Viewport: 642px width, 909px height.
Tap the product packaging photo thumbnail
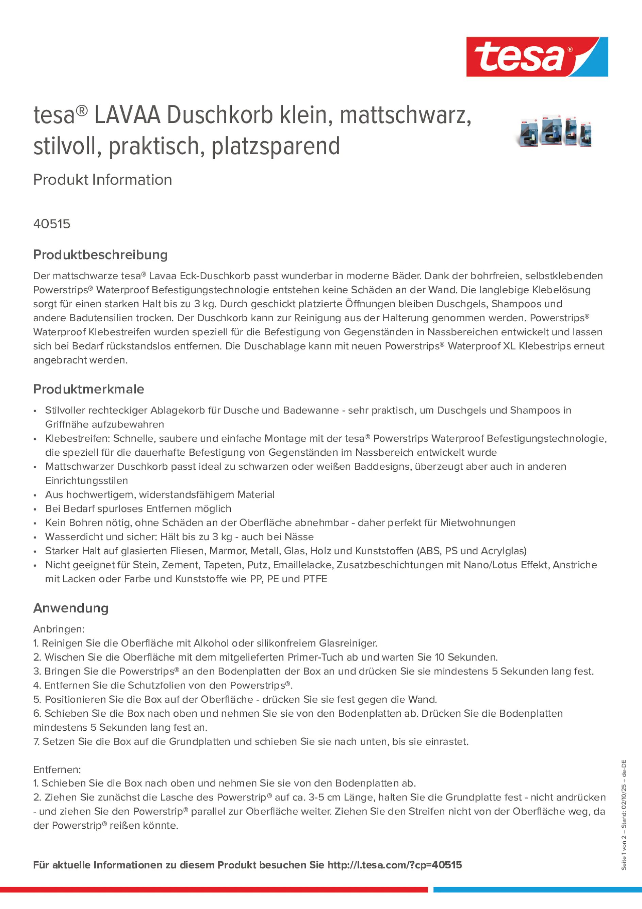554,131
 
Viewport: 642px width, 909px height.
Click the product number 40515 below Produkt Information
52,224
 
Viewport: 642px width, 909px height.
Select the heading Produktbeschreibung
100,255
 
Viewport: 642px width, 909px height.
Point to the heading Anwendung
70,608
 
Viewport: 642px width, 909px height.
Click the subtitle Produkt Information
102,179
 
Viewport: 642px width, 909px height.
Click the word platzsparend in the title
276,146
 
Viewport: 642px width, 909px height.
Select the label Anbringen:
59,629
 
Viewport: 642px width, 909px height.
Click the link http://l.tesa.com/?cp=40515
394,865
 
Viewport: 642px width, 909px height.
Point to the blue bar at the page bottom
537,889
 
